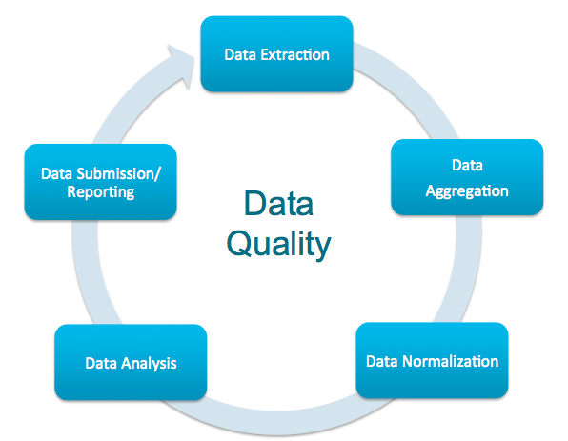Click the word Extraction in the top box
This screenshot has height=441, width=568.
coord(294,54)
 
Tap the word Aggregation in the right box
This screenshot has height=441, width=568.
coord(467,191)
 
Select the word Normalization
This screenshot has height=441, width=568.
coord(450,361)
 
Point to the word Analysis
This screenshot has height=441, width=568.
coord(149,364)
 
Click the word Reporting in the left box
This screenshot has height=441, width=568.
coord(101,191)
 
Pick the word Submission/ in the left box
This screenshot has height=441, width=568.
coord(118,173)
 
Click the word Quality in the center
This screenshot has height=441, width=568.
coord(278,245)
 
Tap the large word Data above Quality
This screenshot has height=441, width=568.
coord(278,204)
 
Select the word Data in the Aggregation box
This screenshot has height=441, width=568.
coord(467,166)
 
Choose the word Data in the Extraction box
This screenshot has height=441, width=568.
coord(240,54)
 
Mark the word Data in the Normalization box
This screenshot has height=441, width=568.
coord(382,361)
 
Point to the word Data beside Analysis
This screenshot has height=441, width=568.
coord(101,363)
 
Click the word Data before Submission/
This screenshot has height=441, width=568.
coord(56,173)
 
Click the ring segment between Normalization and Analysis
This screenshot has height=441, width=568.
coord(279,423)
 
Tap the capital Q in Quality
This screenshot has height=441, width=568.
coord(238,245)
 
